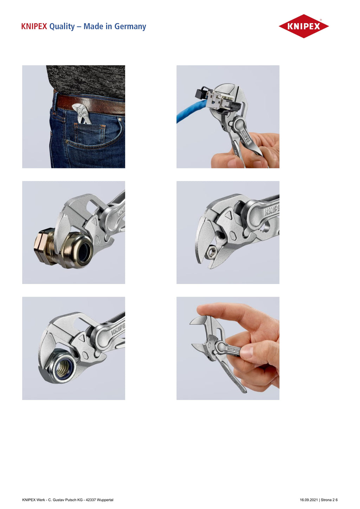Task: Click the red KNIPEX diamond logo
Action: click(x=303, y=26)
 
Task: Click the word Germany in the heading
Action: click(x=130, y=27)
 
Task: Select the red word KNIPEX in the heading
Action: click(x=34, y=26)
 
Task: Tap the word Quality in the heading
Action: click(x=62, y=27)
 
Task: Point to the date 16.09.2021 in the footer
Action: click(x=309, y=500)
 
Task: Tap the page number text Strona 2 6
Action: click(x=329, y=500)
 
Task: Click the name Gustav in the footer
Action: click(x=58, y=500)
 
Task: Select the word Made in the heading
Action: click(x=93, y=26)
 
